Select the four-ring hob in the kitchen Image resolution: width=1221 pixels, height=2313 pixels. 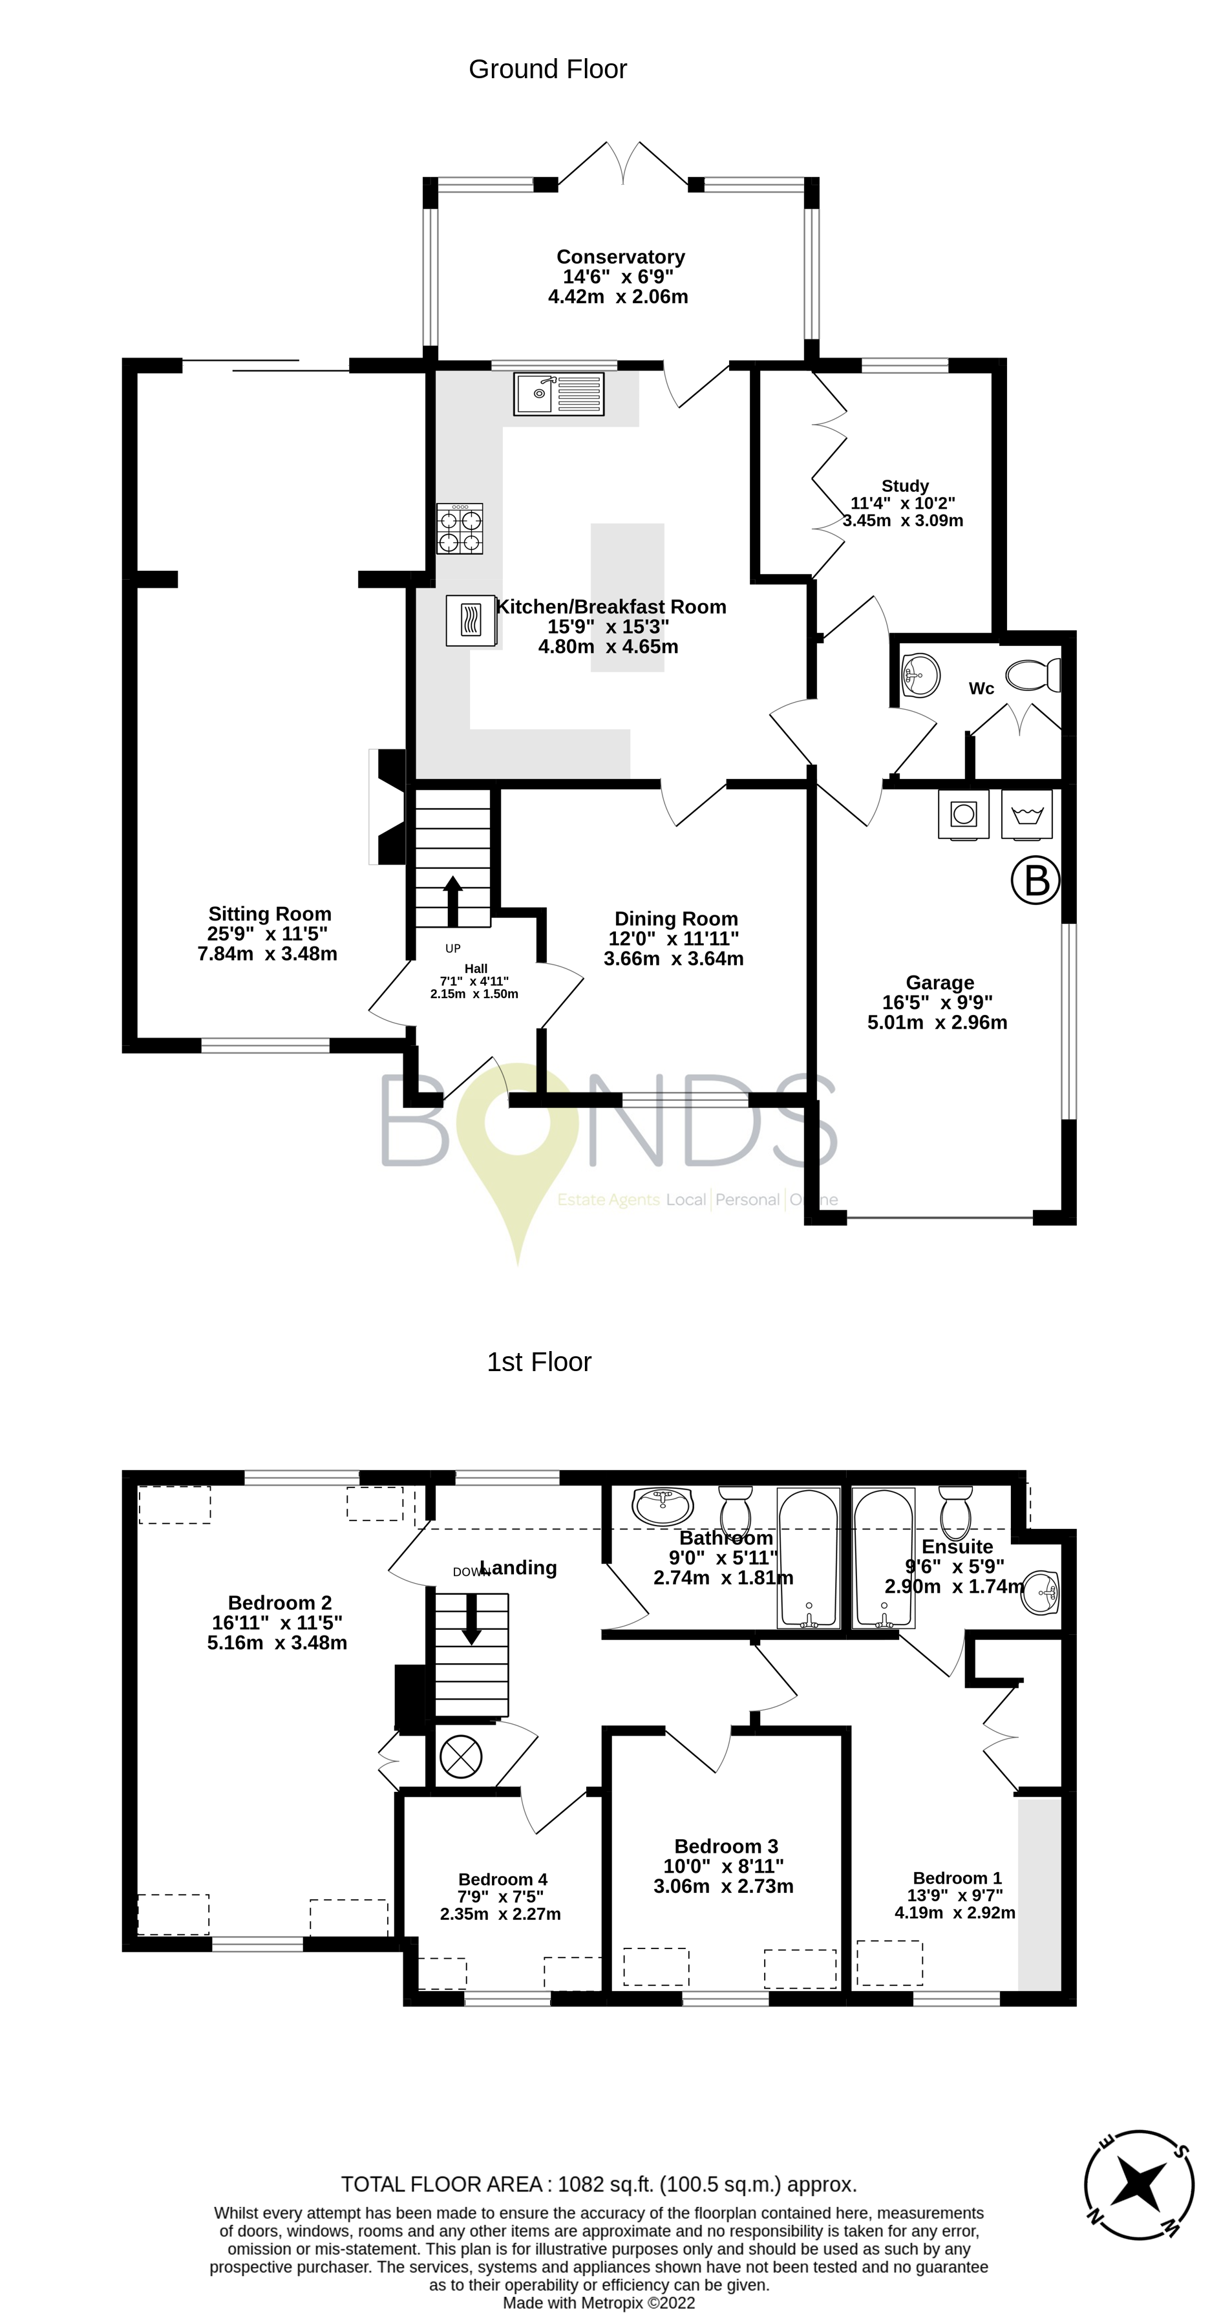(460, 528)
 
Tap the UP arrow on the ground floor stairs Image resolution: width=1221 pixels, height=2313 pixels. (452, 900)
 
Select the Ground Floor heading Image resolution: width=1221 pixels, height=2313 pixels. (547, 69)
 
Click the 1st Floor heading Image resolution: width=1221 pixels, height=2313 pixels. (538, 1362)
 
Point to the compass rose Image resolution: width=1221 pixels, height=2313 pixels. (1138, 2186)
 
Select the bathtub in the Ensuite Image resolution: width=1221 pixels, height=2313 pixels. (884, 1558)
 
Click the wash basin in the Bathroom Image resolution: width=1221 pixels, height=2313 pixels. (663, 1506)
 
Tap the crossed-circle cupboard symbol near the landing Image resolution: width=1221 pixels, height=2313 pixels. (461, 1756)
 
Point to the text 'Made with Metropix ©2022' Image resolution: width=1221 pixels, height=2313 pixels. (598, 2302)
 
